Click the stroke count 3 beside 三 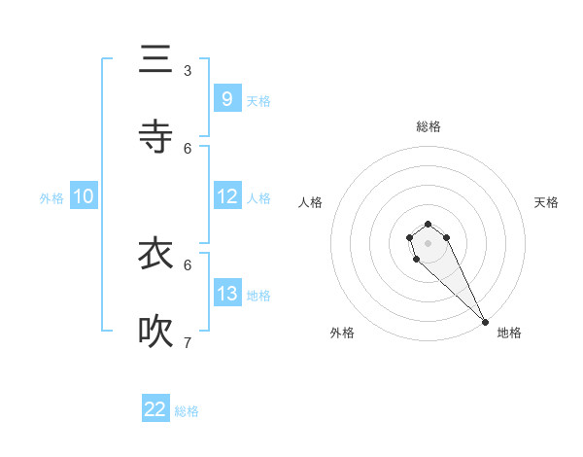(188, 70)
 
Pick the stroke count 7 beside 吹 (188, 342)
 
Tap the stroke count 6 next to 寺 (188, 148)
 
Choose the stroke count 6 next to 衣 (188, 264)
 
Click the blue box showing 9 (226, 98)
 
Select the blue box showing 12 (226, 196)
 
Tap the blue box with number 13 (226, 294)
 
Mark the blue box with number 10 (84, 196)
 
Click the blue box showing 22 (155, 409)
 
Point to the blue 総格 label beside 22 (187, 411)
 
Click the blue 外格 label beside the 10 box (51, 198)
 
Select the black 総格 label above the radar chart (428, 126)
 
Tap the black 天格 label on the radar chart (546, 202)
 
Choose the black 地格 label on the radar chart (509, 333)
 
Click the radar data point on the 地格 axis (485, 322)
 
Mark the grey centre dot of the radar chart (428, 243)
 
